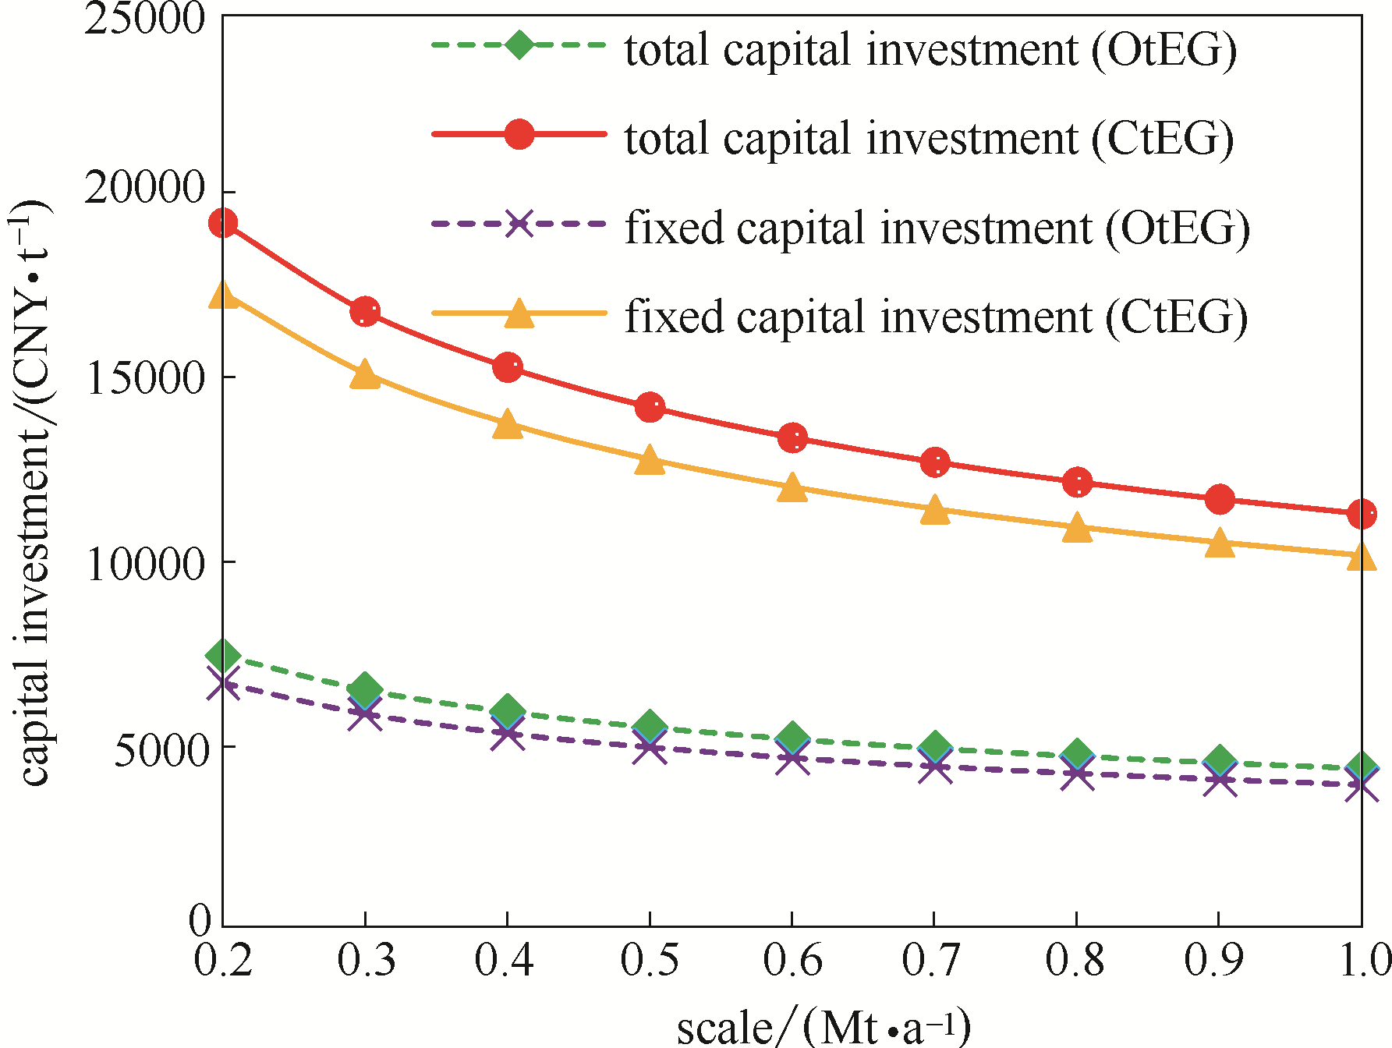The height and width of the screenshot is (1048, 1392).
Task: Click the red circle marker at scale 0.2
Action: pos(223,224)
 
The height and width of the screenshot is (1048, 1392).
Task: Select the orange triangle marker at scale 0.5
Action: pos(650,461)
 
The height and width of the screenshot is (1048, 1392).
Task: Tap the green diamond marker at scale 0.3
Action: pos(365,689)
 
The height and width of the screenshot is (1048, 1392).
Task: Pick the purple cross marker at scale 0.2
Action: pos(223,683)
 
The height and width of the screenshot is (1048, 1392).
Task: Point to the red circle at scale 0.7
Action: pos(935,462)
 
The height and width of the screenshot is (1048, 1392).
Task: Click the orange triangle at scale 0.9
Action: pos(1220,543)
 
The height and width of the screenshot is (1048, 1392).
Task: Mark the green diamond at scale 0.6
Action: pos(792,737)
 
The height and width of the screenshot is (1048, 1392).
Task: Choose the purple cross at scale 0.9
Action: pos(1220,780)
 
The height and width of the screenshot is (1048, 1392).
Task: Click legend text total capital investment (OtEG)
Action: pos(930,50)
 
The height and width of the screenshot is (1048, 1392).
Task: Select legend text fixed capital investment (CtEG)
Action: pos(936,317)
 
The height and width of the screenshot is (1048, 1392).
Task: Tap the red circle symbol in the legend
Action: pos(519,134)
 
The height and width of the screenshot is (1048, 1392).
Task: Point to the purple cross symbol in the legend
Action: pos(519,225)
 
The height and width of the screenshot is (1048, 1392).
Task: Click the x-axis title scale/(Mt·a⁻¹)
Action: pos(824,1028)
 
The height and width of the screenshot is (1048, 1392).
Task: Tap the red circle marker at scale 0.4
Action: pos(508,366)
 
